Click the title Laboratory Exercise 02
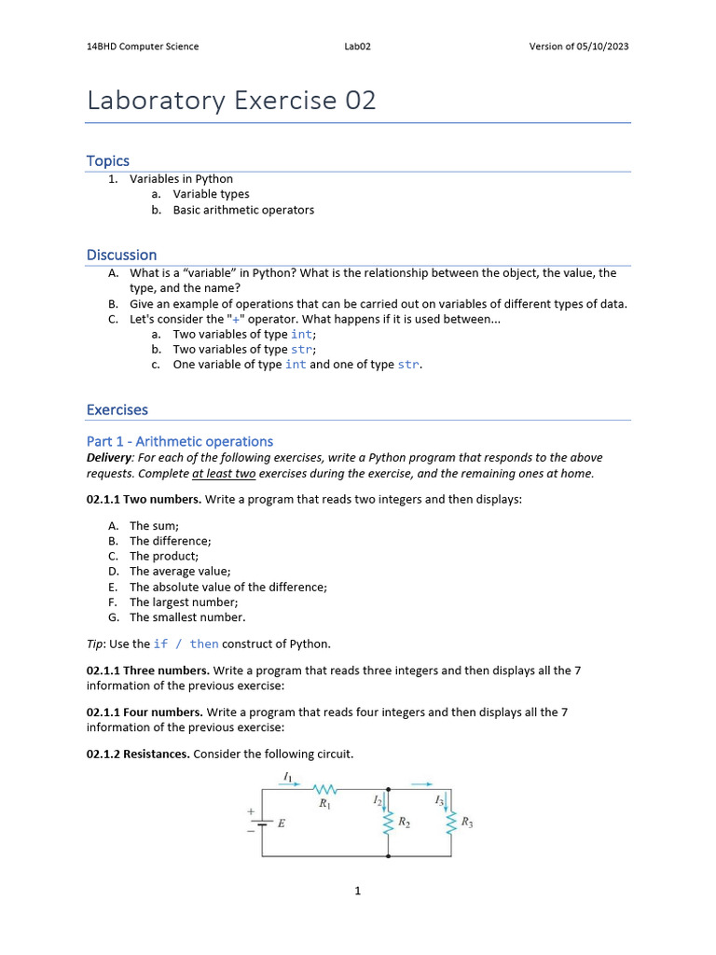231,101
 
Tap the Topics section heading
108,160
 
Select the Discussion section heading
121,255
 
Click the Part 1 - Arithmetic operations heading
180,441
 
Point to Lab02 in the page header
358,47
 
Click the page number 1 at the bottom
357,892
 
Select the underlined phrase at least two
224,473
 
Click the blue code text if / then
186,644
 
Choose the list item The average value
180,571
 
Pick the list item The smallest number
187,616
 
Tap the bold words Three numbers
162,671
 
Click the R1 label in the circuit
324,804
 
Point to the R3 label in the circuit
467,823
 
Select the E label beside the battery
282,824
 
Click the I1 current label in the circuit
287,777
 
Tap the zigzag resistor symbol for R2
389,823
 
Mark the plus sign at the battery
251,812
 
